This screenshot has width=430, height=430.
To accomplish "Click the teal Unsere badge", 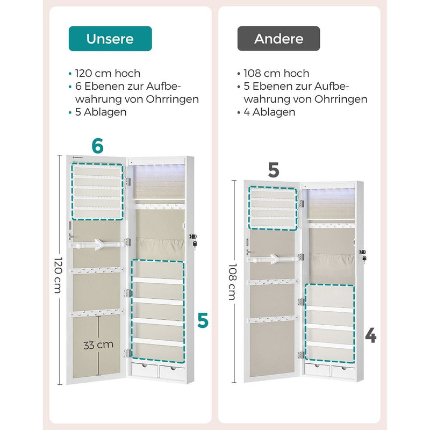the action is tap(110, 39).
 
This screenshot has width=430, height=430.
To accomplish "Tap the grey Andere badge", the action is tap(278, 39).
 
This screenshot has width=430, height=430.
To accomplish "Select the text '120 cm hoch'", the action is tap(108, 73).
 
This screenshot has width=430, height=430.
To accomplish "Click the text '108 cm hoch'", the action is tap(276, 73).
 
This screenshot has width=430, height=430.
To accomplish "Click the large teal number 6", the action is tap(98, 146).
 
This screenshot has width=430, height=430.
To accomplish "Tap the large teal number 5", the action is tap(203, 320).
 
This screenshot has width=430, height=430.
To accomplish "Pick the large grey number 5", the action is tap(274, 170).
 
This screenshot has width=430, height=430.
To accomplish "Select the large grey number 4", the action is tap(371, 335).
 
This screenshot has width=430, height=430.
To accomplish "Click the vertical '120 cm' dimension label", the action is tap(59, 275).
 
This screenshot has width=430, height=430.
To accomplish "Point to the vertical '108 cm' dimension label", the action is tap(233, 282).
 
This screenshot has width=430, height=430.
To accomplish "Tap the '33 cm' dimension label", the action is tap(98, 345).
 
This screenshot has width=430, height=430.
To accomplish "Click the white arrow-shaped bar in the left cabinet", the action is tap(98, 244).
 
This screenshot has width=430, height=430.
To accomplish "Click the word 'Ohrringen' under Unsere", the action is tap(172, 99).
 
